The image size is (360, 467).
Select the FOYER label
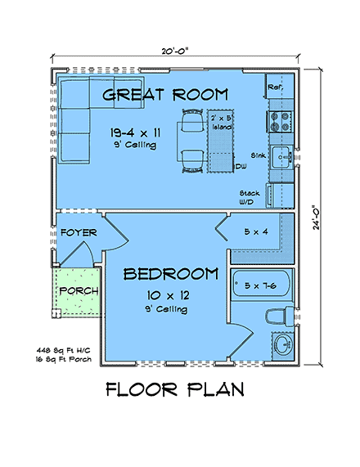79,233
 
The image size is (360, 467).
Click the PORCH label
79,291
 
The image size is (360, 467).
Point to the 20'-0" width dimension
174,51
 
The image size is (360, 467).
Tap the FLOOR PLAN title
175,389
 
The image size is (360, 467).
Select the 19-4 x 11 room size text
134,132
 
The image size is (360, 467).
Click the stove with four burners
279,122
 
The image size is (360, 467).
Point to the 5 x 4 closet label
255,231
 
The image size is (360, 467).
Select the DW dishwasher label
241,166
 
